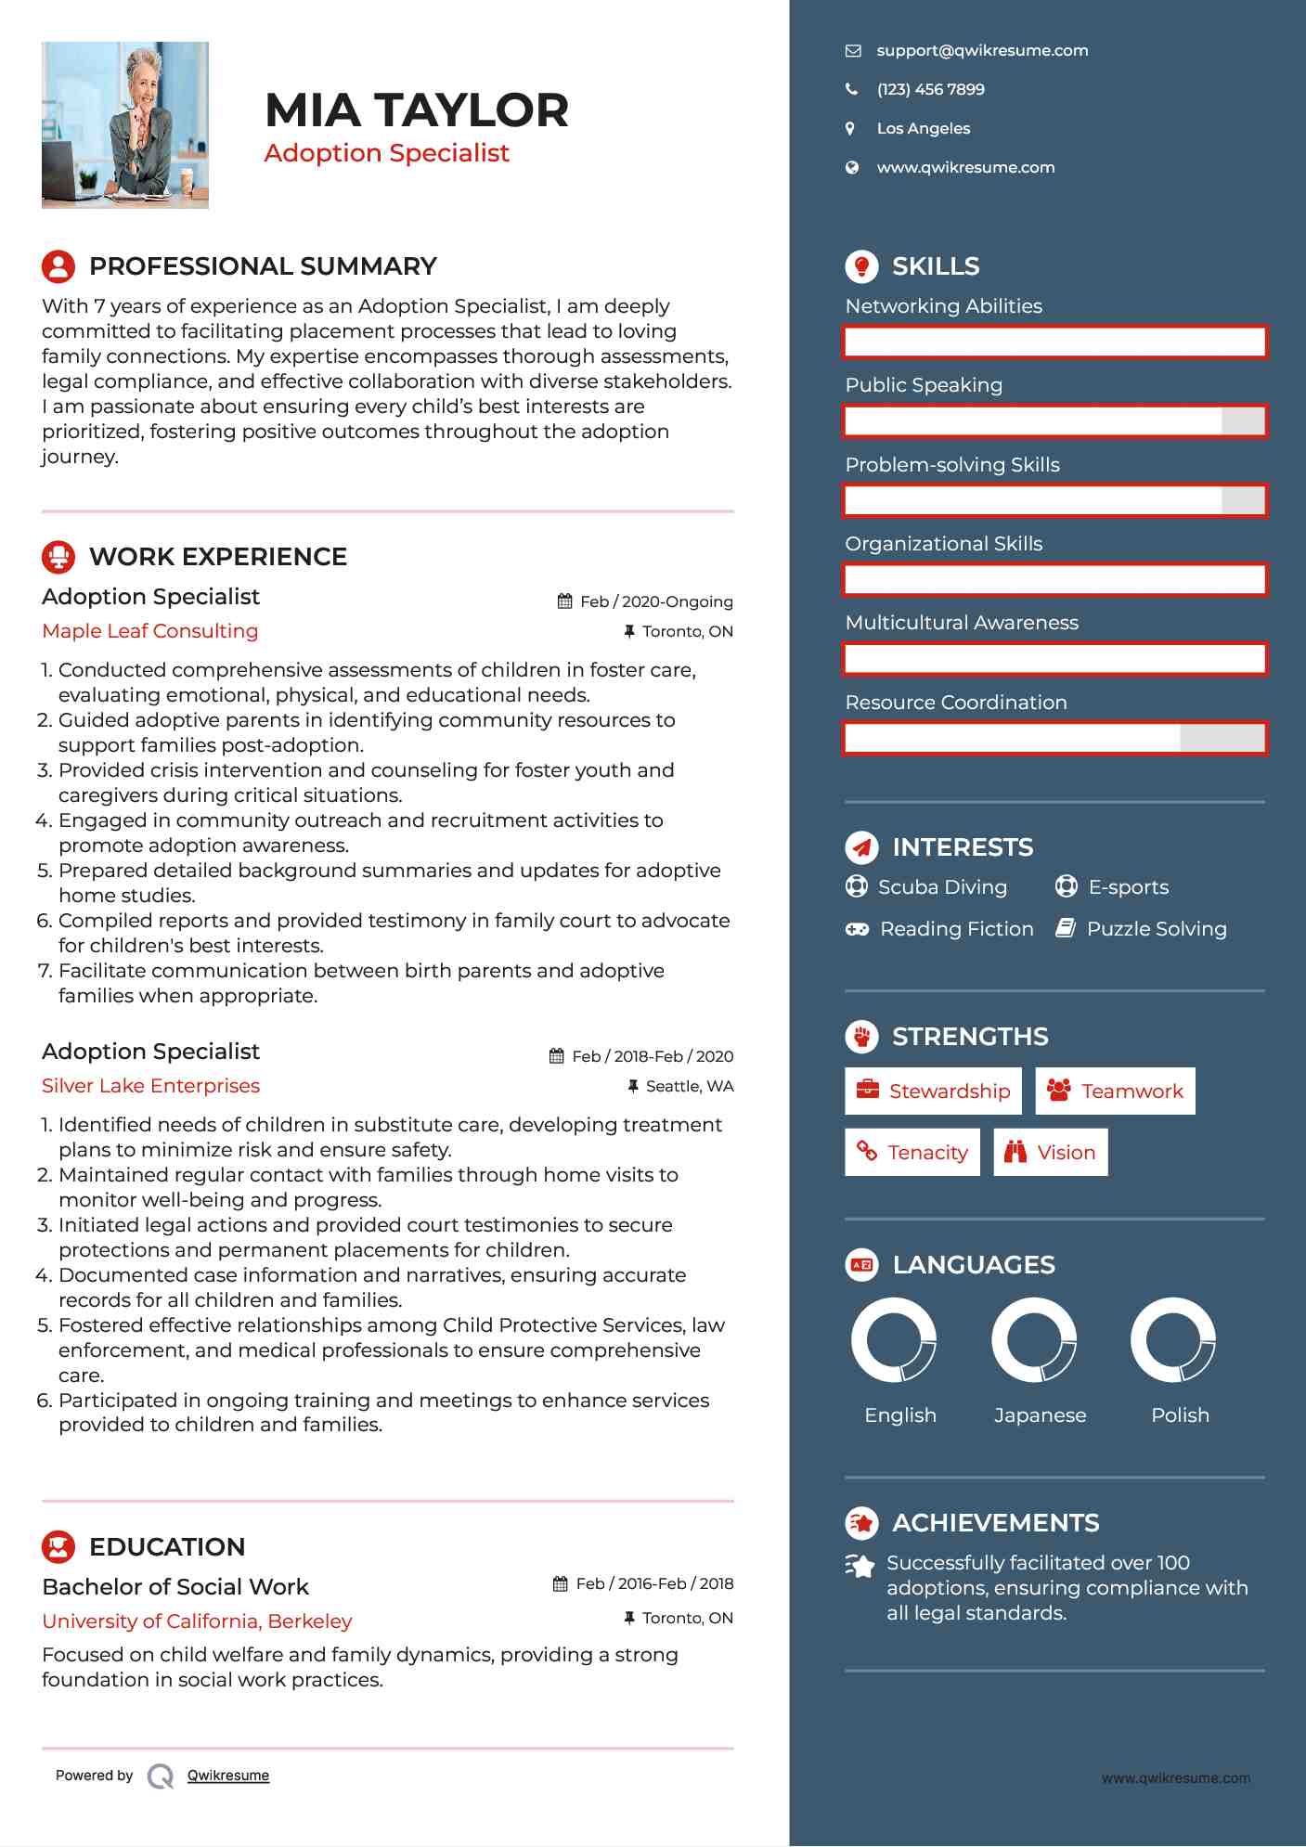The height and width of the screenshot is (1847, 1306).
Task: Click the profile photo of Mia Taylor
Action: (x=125, y=125)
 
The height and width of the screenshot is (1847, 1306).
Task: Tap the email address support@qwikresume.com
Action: (x=982, y=51)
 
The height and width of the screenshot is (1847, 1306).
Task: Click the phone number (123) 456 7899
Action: (x=930, y=90)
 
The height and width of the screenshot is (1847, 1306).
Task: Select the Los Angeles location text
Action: (x=923, y=129)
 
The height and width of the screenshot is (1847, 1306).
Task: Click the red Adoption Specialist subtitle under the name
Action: (x=386, y=153)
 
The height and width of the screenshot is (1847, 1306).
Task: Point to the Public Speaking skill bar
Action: (x=1054, y=421)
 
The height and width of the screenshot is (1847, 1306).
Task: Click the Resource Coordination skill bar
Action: (x=1054, y=739)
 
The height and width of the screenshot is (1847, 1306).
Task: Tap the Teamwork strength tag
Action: (x=1115, y=1091)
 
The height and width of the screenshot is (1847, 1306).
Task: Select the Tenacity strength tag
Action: (x=912, y=1153)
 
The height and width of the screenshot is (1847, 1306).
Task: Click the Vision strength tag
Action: (x=1051, y=1153)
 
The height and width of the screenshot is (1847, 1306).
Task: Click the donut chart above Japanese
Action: (x=1034, y=1340)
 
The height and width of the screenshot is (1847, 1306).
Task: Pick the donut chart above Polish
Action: (x=1173, y=1340)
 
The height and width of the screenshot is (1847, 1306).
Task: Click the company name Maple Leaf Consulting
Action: (x=150, y=631)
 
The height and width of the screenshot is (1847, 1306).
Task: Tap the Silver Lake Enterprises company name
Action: (x=150, y=1086)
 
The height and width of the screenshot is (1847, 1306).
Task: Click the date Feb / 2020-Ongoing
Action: (x=655, y=601)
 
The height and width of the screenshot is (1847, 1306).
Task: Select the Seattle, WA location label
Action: (x=689, y=1087)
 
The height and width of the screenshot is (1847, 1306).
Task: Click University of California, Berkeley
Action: (x=197, y=1621)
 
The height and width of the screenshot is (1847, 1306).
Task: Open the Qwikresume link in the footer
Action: (x=228, y=1776)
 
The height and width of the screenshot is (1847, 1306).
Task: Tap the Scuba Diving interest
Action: (x=941, y=887)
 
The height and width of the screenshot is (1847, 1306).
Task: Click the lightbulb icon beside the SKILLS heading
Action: (x=861, y=266)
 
